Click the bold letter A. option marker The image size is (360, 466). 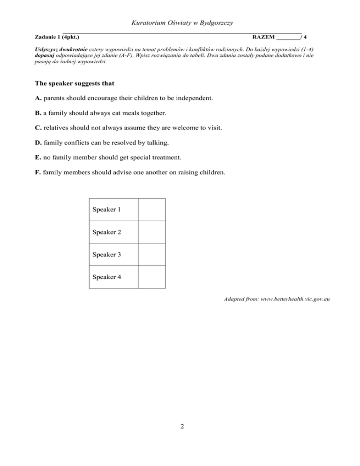pos(38,98)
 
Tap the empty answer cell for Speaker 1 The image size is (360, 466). pos(151,210)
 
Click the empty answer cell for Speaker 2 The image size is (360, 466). pos(151,232)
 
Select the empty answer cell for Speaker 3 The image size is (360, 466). pos(151,255)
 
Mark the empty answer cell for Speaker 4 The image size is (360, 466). pos(151,277)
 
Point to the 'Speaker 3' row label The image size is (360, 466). pos(106,255)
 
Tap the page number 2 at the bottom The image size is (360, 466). pos(180,426)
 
